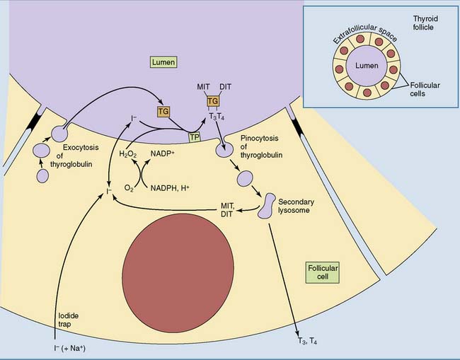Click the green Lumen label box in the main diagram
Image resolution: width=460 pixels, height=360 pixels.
coord(162,62)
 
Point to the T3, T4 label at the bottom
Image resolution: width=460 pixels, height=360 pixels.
coord(305,340)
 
